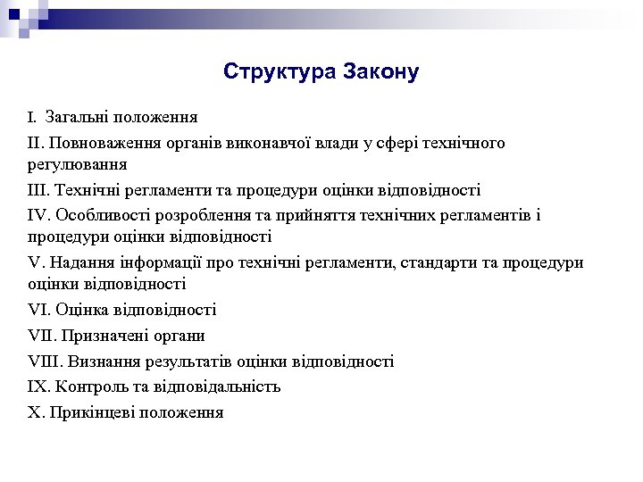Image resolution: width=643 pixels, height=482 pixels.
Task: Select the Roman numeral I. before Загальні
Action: pos(31,117)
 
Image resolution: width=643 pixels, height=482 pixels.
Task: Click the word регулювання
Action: pos(77,164)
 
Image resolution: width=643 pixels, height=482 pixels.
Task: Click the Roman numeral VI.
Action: pos(38,310)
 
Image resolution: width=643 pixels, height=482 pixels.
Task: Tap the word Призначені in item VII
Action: pos(100,336)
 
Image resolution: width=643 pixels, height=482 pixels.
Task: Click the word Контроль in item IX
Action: pos(90,387)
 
